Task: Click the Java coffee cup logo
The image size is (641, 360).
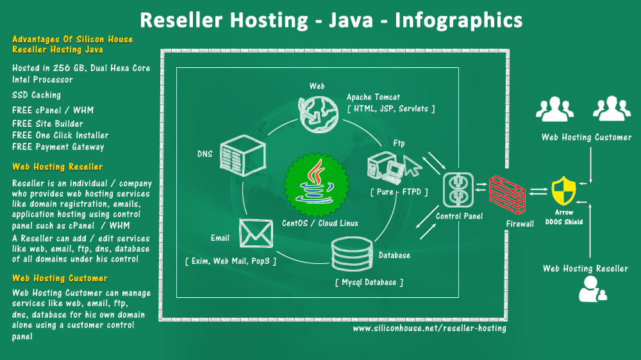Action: [317, 184]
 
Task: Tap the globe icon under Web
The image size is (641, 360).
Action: [319, 115]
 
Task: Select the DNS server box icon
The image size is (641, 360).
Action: [243, 155]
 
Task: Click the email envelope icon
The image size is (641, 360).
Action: [256, 233]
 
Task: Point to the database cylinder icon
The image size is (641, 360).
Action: [352, 254]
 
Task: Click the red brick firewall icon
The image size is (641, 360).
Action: [507, 195]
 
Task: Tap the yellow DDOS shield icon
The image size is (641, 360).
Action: [563, 191]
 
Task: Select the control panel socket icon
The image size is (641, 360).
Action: [458, 190]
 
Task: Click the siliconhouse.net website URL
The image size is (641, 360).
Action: [429, 328]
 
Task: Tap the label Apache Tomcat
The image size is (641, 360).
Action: [373, 97]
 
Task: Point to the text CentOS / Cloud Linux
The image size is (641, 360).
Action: [320, 223]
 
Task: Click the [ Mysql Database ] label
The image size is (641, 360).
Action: [369, 282]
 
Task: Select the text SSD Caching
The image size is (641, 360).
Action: [37, 95]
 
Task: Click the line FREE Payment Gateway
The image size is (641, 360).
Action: [58, 147]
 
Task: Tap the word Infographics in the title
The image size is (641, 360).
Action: [459, 20]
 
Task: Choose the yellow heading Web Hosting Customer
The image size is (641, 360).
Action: [60, 278]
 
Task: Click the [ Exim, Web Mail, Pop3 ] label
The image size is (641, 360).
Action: [231, 261]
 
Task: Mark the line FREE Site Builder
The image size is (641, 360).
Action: [47, 124]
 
